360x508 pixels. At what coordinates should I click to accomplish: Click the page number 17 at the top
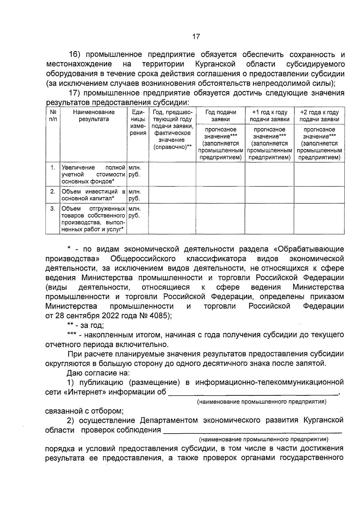coord(196,37)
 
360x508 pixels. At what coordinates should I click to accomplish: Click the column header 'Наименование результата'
coord(94,116)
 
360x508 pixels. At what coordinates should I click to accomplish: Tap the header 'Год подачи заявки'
coord(220,116)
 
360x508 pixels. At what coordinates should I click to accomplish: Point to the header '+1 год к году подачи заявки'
coord(269,116)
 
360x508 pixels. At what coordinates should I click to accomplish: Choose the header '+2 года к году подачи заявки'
coord(319,116)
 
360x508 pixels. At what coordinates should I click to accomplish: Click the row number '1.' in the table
coord(52,167)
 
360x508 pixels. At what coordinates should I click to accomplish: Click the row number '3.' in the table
coord(52,209)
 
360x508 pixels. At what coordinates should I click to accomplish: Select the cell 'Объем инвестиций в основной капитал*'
coord(93,195)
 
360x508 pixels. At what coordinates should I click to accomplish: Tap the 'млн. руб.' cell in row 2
coord(135,195)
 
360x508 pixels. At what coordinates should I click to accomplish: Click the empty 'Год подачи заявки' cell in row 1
coord(220,174)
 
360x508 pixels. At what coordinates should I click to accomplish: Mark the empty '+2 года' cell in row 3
coord(319,219)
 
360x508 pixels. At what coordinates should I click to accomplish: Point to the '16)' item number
coord(75,55)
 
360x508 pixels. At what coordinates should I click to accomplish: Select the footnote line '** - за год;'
coord(85,325)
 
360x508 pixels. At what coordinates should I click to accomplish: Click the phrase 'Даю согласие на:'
coord(98,373)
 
